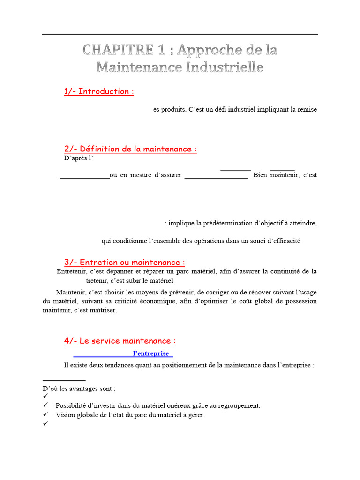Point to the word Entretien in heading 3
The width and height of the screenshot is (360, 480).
pyautogui.click(x=101, y=262)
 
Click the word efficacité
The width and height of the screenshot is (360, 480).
pyautogui.click(x=284, y=241)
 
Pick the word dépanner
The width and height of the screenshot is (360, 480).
pyautogui.click(x=122, y=271)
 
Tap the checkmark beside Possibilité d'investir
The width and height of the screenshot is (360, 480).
pyautogui.click(x=45, y=405)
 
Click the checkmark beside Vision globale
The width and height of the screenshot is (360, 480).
pyautogui.click(x=45, y=414)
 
